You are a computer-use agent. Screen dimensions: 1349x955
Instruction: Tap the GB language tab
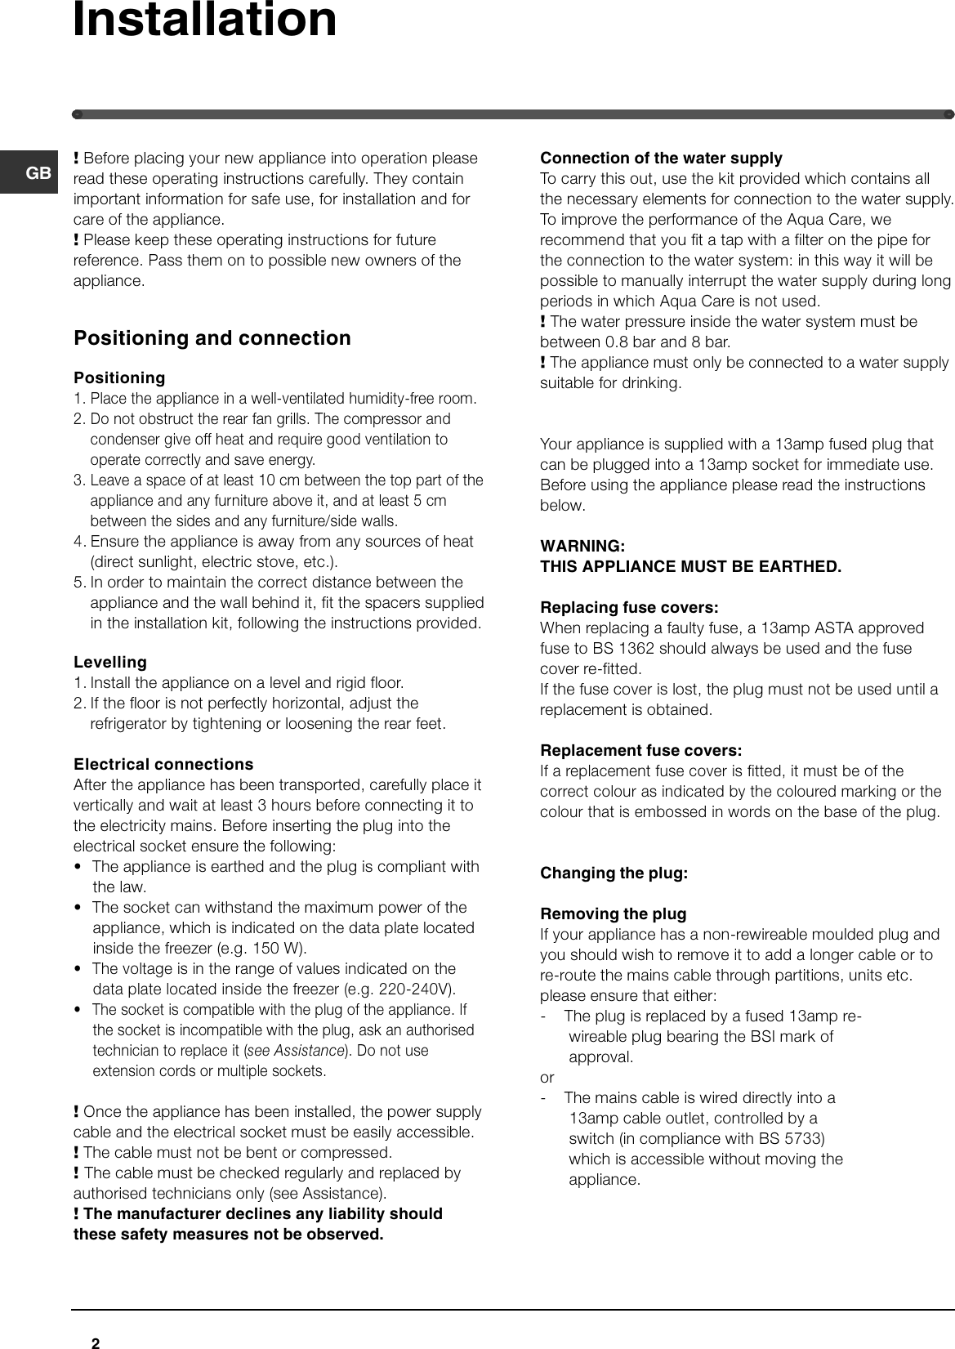tap(38, 173)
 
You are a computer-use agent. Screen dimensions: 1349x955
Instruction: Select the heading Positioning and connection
tap(212, 338)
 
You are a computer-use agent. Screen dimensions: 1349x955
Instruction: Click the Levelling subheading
tap(110, 662)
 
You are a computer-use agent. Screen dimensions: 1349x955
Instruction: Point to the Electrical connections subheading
tap(163, 764)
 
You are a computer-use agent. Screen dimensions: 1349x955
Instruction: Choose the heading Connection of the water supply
tap(661, 158)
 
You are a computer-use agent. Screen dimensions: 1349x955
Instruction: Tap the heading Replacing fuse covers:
tap(629, 608)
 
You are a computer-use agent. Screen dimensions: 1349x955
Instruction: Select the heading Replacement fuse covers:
tap(641, 750)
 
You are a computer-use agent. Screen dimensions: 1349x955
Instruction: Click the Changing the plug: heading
tap(614, 873)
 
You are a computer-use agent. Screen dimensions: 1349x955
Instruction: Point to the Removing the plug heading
tap(613, 913)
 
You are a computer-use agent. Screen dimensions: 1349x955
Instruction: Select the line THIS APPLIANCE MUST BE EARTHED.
tap(690, 566)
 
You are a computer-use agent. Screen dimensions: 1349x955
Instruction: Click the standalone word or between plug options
tap(547, 1077)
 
